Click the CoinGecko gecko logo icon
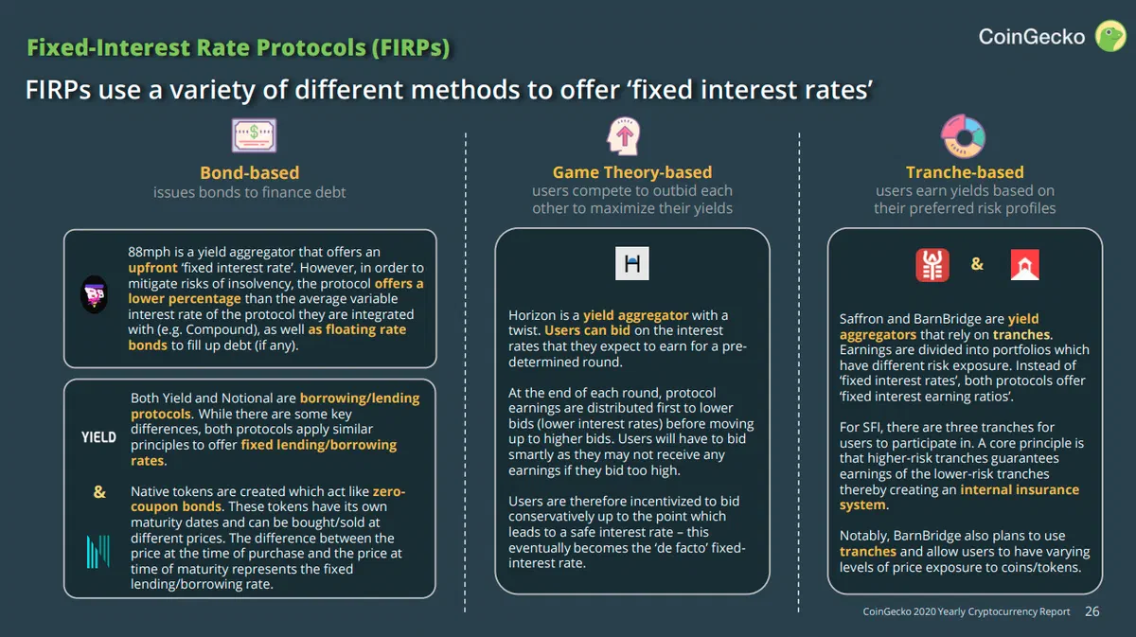pos(1110,36)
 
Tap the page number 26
pos(1092,611)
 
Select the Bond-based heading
pos(250,172)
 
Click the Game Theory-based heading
pos(632,172)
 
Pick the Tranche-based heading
pos(965,172)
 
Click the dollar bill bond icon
pos(254,135)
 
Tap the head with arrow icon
pos(624,136)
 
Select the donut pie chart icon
pos(963,136)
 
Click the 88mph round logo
pos(94,294)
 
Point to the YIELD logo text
pos(98,437)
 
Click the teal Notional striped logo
pos(98,551)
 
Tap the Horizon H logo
pos(632,263)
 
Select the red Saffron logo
pos(932,265)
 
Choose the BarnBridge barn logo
pos(1025,264)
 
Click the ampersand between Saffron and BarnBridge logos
pos(977,264)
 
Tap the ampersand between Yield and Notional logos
pos(99,491)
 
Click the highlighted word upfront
pos(152,268)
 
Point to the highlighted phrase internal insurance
pos(1020,489)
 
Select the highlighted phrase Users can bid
pos(587,330)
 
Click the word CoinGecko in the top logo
pos(1032,37)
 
